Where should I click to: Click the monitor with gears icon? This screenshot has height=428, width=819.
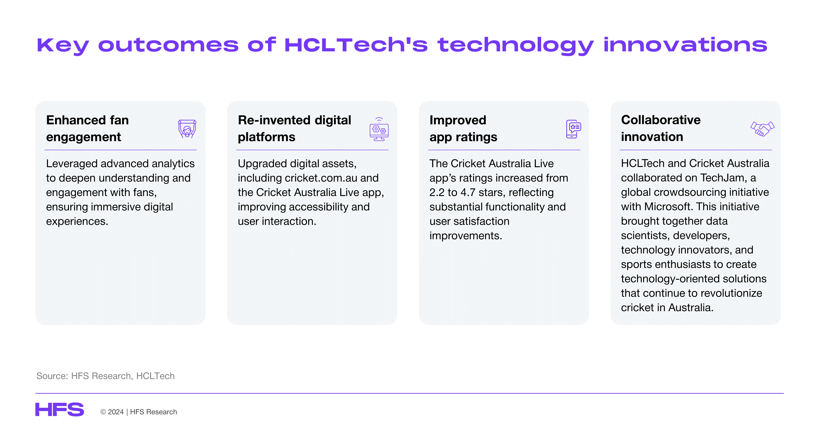pyautogui.click(x=379, y=129)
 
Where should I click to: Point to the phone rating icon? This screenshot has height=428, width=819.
pyautogui.click(x=574, y=129)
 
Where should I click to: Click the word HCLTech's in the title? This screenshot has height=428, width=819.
pyautogui.click(x=356, y=45)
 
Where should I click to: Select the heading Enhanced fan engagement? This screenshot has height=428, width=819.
pyautogui.click(x=87, y=128)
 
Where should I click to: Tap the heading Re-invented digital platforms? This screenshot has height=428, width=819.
pyautogui.click(x=294, y=128)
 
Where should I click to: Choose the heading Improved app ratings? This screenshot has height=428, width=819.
pyautogui.click(x=463, y=128)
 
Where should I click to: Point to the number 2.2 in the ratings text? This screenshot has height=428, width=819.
pyautogui.click(x=437, y=193)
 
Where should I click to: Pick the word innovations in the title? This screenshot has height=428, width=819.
pyautogui.click(x=685, y=45)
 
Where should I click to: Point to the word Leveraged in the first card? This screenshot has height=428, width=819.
pyautogui.click(x=72, y=164)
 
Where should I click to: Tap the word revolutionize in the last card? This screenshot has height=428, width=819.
pyautogui.click(x=731, y=293)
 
